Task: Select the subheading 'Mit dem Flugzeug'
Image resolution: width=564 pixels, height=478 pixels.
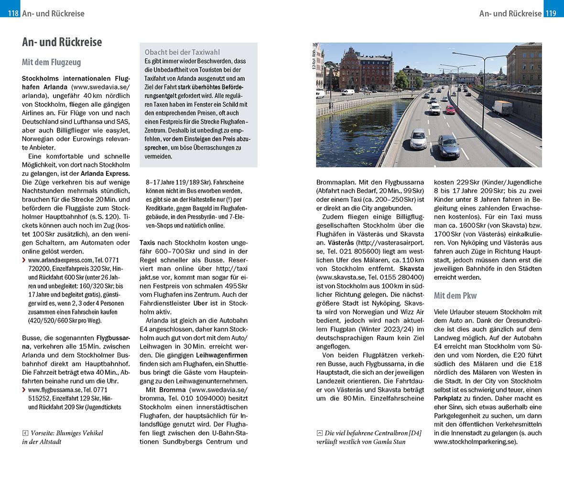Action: (x=51, y=62)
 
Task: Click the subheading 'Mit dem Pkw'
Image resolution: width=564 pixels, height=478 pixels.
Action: (x=455, y=295)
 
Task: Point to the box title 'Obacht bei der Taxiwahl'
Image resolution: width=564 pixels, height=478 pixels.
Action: (x=182, y=52)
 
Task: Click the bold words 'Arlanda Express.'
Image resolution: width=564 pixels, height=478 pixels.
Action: (x=105, y=173)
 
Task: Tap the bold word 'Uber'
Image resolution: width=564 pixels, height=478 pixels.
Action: (x=200, y=303)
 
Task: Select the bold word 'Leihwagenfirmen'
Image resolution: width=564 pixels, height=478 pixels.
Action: (x=222, y=355)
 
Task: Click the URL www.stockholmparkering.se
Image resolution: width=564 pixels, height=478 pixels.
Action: (x=475, y=442)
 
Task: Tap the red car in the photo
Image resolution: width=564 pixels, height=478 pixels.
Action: (x=450, y=109)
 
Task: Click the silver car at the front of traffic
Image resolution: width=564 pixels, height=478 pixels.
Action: (x=418, y=139)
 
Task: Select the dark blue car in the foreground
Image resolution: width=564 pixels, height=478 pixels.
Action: (x=448, y=146)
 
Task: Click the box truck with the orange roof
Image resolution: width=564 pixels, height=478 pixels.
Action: (x=502, y=108)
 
